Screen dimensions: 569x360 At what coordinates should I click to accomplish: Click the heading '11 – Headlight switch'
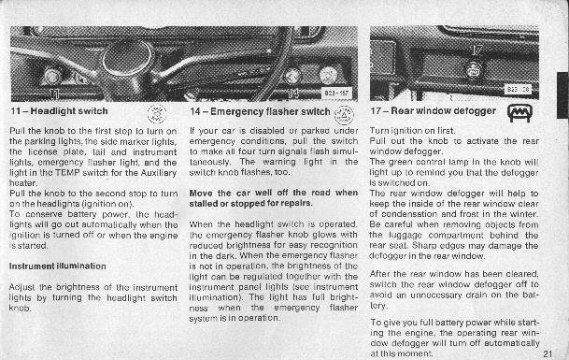(x=59, y=111)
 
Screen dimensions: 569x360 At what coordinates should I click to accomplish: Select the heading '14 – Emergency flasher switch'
(x=260, y=111)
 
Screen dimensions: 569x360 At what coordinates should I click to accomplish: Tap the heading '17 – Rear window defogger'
(x=433, y=111)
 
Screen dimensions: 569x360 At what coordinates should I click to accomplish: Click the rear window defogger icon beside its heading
(x=519, y=113)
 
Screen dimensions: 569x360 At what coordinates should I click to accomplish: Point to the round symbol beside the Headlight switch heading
(x=157, y=114)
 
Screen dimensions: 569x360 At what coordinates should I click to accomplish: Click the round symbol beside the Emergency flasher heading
(x=344, y=115)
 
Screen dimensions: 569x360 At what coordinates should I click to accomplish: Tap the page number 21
(x=548, y=353)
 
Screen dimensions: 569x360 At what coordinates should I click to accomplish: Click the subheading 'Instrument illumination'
(x=58, y=266)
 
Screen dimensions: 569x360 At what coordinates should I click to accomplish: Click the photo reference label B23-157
(x=336, y=94)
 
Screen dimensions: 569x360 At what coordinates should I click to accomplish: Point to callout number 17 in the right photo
(x=477, y=50)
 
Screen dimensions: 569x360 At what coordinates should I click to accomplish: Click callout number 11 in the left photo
(x=54, y=94)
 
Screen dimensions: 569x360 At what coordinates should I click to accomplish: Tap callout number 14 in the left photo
(x=293, y=94)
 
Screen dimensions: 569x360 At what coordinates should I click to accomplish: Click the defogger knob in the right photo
(x=473, y=70)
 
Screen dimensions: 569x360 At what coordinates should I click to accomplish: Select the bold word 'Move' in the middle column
(x=201, y=193)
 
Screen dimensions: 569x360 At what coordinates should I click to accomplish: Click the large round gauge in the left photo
(x=127, y=57)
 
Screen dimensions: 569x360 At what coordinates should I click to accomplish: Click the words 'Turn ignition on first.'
(x=412, y=131)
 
